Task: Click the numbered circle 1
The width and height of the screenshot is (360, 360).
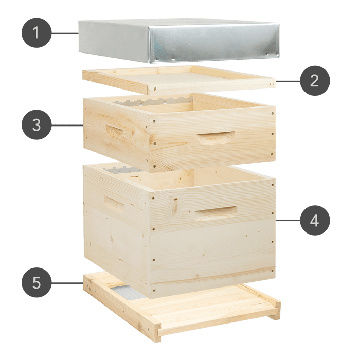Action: tap(37, 33)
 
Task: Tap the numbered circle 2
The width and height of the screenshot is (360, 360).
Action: tap(315, 81)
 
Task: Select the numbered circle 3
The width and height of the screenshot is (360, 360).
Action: tap(37, 125)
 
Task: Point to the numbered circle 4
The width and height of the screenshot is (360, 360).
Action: tap(315, 220)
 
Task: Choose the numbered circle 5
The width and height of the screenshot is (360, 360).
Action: tap(37, 282)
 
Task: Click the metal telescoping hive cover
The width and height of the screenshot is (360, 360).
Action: tap(179, 41)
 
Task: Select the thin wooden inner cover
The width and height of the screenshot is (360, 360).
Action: tap(179, 80)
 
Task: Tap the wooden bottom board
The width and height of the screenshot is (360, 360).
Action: tap(182, 306)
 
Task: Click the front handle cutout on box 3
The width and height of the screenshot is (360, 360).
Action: tap(216, 137)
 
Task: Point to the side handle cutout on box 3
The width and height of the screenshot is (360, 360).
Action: tap(114, 130)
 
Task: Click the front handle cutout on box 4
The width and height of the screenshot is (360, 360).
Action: tap(216, 212)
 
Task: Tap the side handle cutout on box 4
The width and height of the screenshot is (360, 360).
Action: tap(114, 204)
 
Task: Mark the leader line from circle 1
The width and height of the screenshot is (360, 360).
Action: tap(65, 33)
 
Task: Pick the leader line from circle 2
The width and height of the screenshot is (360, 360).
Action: tap(288, 81)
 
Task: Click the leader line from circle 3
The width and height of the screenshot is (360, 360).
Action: tap(67, 125)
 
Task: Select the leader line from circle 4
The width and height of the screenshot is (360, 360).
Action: tap(288, 220)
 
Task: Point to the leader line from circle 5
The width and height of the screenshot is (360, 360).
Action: tap(67, 283)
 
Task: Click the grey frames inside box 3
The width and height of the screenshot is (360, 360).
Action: tap(152, 101)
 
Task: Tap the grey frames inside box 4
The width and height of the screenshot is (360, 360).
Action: tap(123, 169)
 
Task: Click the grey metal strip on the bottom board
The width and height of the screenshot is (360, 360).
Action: tap(128, 292)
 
